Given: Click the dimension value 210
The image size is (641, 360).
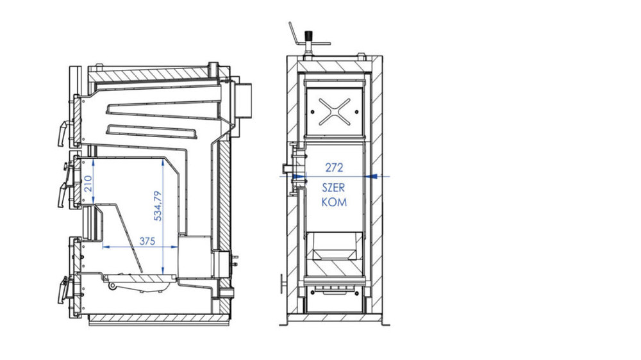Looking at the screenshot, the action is point(88,184).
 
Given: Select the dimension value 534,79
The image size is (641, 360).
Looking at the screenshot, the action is point(158,206).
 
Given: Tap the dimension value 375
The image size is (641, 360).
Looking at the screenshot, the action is point(147,241).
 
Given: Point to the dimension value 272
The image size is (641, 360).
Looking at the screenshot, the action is point(334,168).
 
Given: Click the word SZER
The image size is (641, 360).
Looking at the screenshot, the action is point(333,188).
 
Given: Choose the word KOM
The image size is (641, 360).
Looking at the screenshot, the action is point(334,202).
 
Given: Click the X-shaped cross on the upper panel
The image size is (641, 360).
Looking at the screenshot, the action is point(335,111).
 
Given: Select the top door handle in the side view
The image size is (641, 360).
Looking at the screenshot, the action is point(63,133).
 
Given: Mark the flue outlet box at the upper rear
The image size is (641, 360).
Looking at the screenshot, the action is point(243,100).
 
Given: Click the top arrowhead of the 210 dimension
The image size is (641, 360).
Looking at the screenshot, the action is point(94,162).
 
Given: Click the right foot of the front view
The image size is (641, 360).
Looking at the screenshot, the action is point(385,322).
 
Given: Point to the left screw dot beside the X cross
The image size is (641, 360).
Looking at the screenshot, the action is point(313,111).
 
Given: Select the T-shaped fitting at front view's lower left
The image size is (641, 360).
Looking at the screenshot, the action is point(283,284).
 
